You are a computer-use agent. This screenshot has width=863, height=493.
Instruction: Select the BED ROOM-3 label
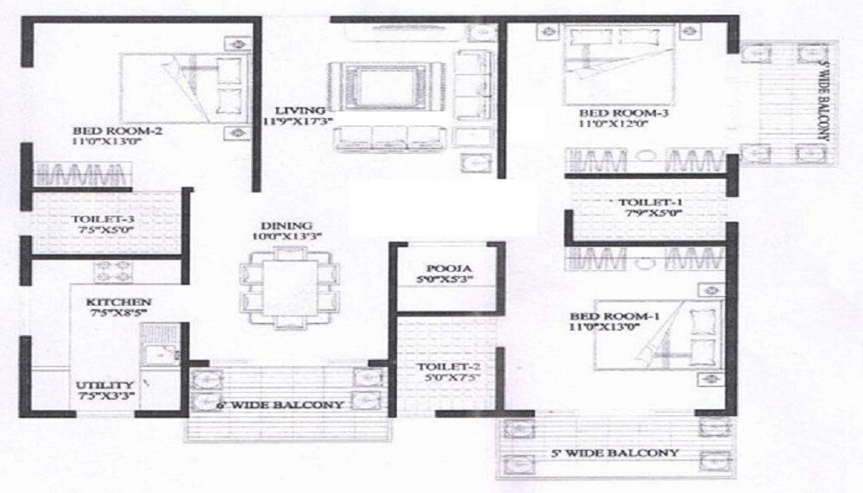pyautogui.click(x=612, y=113)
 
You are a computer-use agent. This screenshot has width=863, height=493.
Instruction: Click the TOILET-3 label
pyautogui.click(x=104, y=219)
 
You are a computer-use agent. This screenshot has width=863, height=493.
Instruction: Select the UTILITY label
pyautogui.click(x=104, y=385)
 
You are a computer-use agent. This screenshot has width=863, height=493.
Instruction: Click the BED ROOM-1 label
pyautogui.click(x=615, y=317)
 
